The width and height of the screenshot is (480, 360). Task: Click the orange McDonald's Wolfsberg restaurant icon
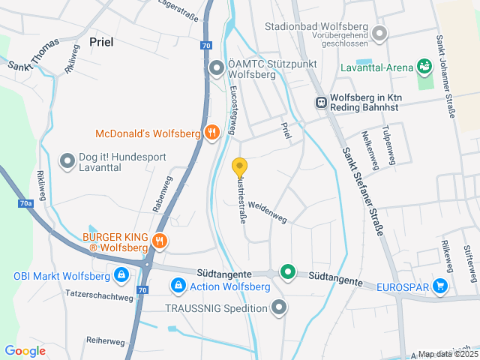[x=212, y=133]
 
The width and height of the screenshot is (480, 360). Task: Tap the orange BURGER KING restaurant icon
[x=159, y=241]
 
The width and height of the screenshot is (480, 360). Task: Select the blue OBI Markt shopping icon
[x=121, y=275]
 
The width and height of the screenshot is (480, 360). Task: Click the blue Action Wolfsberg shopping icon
[x=178, y=286]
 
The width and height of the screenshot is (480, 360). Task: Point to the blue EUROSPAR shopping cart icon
[x=439, y=286]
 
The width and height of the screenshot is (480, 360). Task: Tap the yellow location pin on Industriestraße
[x=240, y=167]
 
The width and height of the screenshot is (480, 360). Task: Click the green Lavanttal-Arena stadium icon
[x=424, y=67]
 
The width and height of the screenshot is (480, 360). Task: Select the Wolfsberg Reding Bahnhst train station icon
[x=320, y=103]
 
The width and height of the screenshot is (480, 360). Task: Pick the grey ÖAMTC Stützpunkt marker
[x=217, y=69]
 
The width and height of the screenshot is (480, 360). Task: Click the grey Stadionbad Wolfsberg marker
[x=379, y=33]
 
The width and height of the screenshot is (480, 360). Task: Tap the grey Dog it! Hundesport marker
[x=67, y=160]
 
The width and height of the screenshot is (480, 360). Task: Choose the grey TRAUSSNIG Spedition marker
[x=279, y=307]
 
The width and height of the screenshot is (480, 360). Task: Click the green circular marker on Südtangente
[x=287, y=271]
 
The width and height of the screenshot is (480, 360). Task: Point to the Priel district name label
[x=101, y=42]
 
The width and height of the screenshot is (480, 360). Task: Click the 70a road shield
[x=26, y=203]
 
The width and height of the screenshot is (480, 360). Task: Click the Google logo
[x=25, y=350]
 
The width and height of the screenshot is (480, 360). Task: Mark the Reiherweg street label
[x=106, y=341]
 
